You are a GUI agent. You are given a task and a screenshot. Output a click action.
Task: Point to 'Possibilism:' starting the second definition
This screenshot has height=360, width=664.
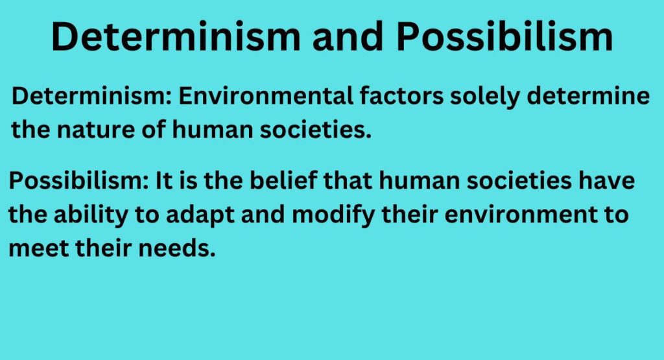[78, 182]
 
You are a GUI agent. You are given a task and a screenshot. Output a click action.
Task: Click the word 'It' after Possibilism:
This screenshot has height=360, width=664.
[162, 182]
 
